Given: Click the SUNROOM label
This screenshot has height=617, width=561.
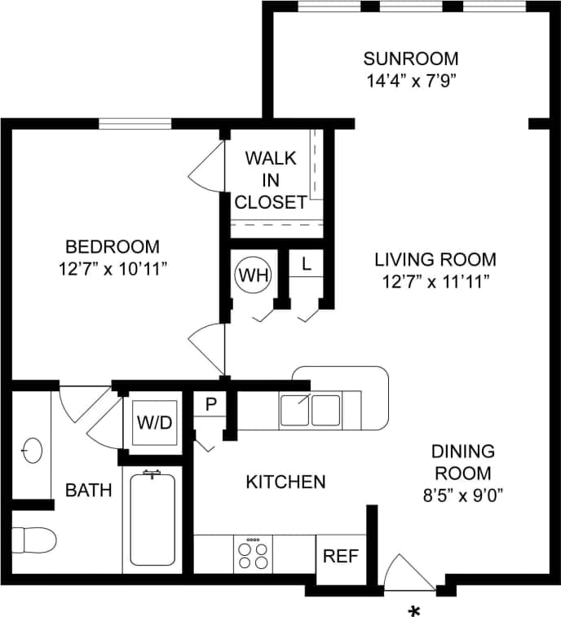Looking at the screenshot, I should (410, 59).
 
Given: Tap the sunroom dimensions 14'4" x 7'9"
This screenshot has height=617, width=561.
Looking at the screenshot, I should (410, 81).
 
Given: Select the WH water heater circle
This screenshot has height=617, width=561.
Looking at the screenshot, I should (253, 275).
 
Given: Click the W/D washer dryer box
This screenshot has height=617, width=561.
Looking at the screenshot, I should (154, 423).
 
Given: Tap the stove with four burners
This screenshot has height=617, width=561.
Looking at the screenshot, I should (254, 555).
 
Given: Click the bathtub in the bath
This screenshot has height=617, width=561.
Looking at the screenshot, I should (152, 520).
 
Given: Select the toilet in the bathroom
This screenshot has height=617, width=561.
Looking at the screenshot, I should (33, 540).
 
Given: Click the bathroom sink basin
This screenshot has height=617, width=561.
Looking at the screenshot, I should (33, 449).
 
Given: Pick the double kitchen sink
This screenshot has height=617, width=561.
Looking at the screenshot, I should (310, 410).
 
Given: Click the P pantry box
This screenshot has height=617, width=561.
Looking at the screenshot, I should (210, 403).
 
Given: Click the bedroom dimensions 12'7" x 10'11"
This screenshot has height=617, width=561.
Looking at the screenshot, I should (113, 268).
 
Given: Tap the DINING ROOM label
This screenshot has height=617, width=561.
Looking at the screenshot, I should (462, 462).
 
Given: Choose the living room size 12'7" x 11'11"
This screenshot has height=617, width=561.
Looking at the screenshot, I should (435, 282).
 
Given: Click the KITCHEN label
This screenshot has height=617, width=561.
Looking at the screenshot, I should (285, 482).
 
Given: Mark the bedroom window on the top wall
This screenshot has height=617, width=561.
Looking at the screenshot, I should (135, 124).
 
